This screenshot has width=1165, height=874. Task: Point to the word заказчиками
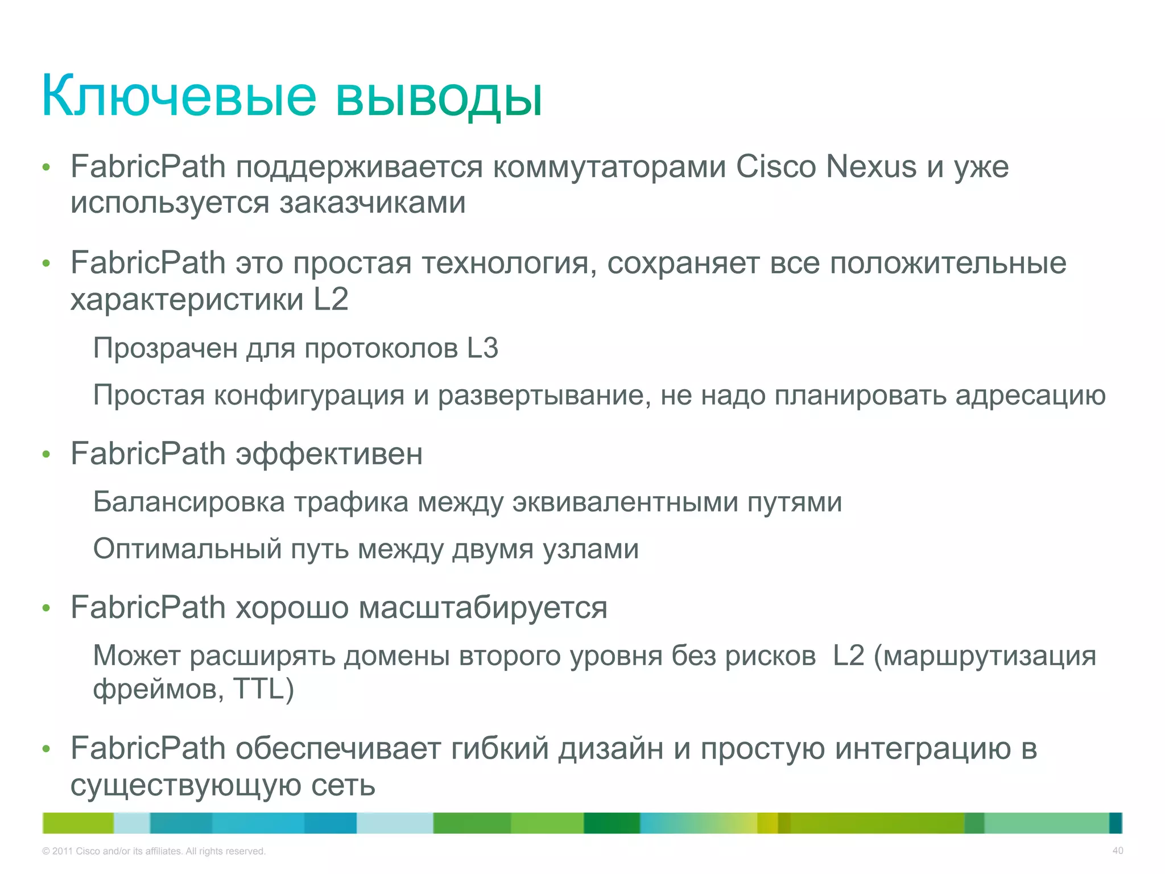pyautogui.click(x=373, y=203)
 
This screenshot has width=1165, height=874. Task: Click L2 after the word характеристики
pyautogui.click(x=331, y=299)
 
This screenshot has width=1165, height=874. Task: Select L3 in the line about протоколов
pyautogui.click(x=482, y=348)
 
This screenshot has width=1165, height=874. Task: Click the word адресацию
pyautogui.click(x=1030, y=395)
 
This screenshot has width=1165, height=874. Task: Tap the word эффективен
pyautogui.click(x=329, y=454)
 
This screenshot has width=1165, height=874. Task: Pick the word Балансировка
pyautogui.click(x=188, y=502)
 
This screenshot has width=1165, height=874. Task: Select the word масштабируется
pyautogui.click(x=483, y=608)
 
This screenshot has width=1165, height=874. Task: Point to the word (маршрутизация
pyautogui.click(x=985, y=656)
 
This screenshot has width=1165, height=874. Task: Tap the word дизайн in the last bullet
pyautogui.click(x=610, y=749)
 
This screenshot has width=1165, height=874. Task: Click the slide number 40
pyautogui.click(x=1117, y=851)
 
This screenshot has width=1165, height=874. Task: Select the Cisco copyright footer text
pyautogui.click(x=154, y=851)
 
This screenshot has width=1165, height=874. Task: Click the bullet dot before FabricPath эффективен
pyautogui.click(x=47, y=455)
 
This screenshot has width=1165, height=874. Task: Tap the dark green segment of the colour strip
pyautogui.click(x=612, y=823)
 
